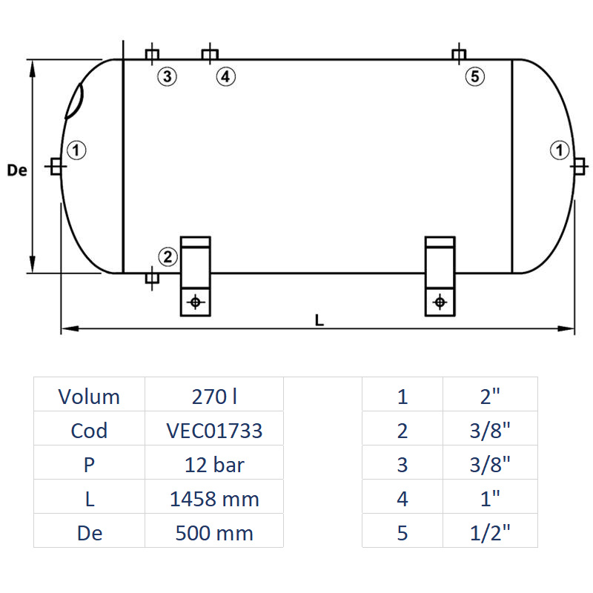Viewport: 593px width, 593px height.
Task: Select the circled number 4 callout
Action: (x=225, y=76)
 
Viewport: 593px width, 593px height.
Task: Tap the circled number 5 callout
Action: (x=474, y=76)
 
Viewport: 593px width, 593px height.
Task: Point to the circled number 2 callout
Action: (x=168, y=257)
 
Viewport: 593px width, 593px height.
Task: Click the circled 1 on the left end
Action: (x=77, y=150)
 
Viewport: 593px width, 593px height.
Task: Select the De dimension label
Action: (x=16, y=170)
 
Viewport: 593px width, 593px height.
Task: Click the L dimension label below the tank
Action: (x=319, y=320)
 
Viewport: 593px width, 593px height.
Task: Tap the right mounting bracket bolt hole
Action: (x=440, y=302)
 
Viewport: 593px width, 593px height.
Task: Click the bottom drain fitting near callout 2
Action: (x=151, y=278)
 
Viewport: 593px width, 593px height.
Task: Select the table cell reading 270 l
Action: (x=214, y=397)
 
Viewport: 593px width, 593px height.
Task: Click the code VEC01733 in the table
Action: (x=214, y=431)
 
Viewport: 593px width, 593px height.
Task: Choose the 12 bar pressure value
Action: (x=214, y=465)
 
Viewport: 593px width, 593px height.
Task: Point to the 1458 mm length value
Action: (x=214, y=499)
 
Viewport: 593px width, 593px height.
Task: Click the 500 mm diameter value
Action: (x=214, y=533)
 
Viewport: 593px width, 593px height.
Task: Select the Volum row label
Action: (x=89, y=397)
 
